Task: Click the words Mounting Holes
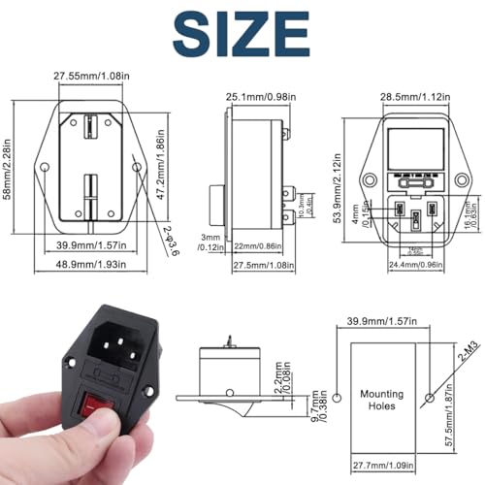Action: pyautogui.click(x=380, y=401)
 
